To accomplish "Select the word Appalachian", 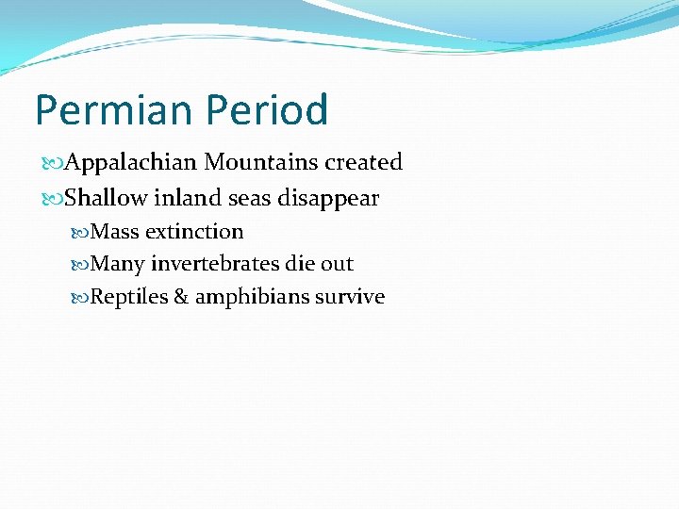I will coord(131,163).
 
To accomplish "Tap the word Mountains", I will coord(262,163).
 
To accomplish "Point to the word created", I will coord(364,163).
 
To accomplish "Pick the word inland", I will coord(182,199).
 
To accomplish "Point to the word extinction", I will coord(194,232).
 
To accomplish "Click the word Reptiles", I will coord(128,297).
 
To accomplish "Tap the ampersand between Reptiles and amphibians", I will coord(180,297).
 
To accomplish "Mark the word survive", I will coord(350,297).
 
